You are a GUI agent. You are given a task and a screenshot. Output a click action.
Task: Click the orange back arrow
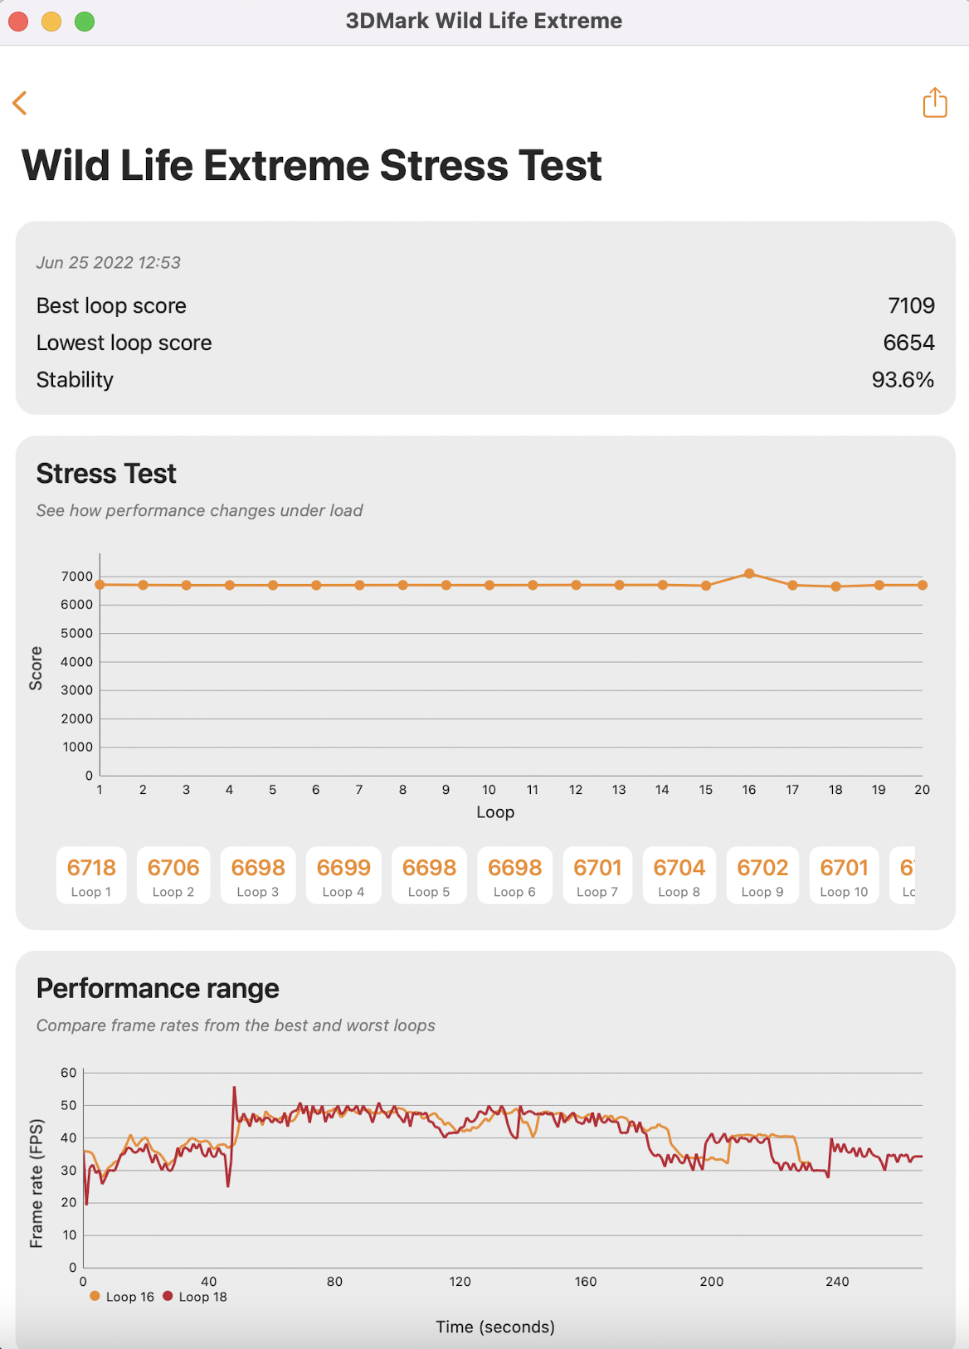[x=20, y=103]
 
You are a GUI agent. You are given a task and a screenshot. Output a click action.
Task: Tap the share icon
[x=935, y=103]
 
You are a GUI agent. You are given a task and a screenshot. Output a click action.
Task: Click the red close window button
[x=18, y=22]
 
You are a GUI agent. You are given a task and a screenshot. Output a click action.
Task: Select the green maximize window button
[x=85, y=22]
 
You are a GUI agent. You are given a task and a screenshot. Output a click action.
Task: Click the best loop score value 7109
[x=911, y=306]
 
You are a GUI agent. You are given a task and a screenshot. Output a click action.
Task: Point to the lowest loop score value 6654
[x=908, y=343]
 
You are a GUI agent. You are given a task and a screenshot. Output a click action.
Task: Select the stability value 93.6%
[x=903, y=380]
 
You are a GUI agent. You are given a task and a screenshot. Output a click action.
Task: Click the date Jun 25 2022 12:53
[x=108, y=263]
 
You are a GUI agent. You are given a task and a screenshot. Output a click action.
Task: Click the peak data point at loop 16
[x=749, y=573]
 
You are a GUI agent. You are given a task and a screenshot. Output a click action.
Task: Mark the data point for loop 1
[x=100, y=585]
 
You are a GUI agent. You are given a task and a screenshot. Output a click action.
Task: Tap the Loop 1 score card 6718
[x=91, y=875]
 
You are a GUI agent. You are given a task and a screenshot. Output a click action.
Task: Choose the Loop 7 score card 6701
[x=597, y=875]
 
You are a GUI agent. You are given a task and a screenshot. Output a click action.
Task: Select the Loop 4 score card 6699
[x=343, y=875]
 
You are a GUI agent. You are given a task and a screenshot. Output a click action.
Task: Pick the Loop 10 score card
[x=844, y=875]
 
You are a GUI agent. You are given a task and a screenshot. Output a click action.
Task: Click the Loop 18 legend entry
[x=195, y=1297]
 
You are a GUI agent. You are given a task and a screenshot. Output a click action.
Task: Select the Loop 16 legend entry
[x=122, y=1297]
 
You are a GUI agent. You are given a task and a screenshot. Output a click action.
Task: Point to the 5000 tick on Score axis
[x=76, y=634]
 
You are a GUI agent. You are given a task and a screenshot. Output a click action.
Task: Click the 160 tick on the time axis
[x=586, y=1282]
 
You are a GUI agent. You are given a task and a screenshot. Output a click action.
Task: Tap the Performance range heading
[x=158, y=989]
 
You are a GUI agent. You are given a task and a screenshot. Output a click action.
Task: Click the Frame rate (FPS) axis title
[x=37, y=1183]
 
